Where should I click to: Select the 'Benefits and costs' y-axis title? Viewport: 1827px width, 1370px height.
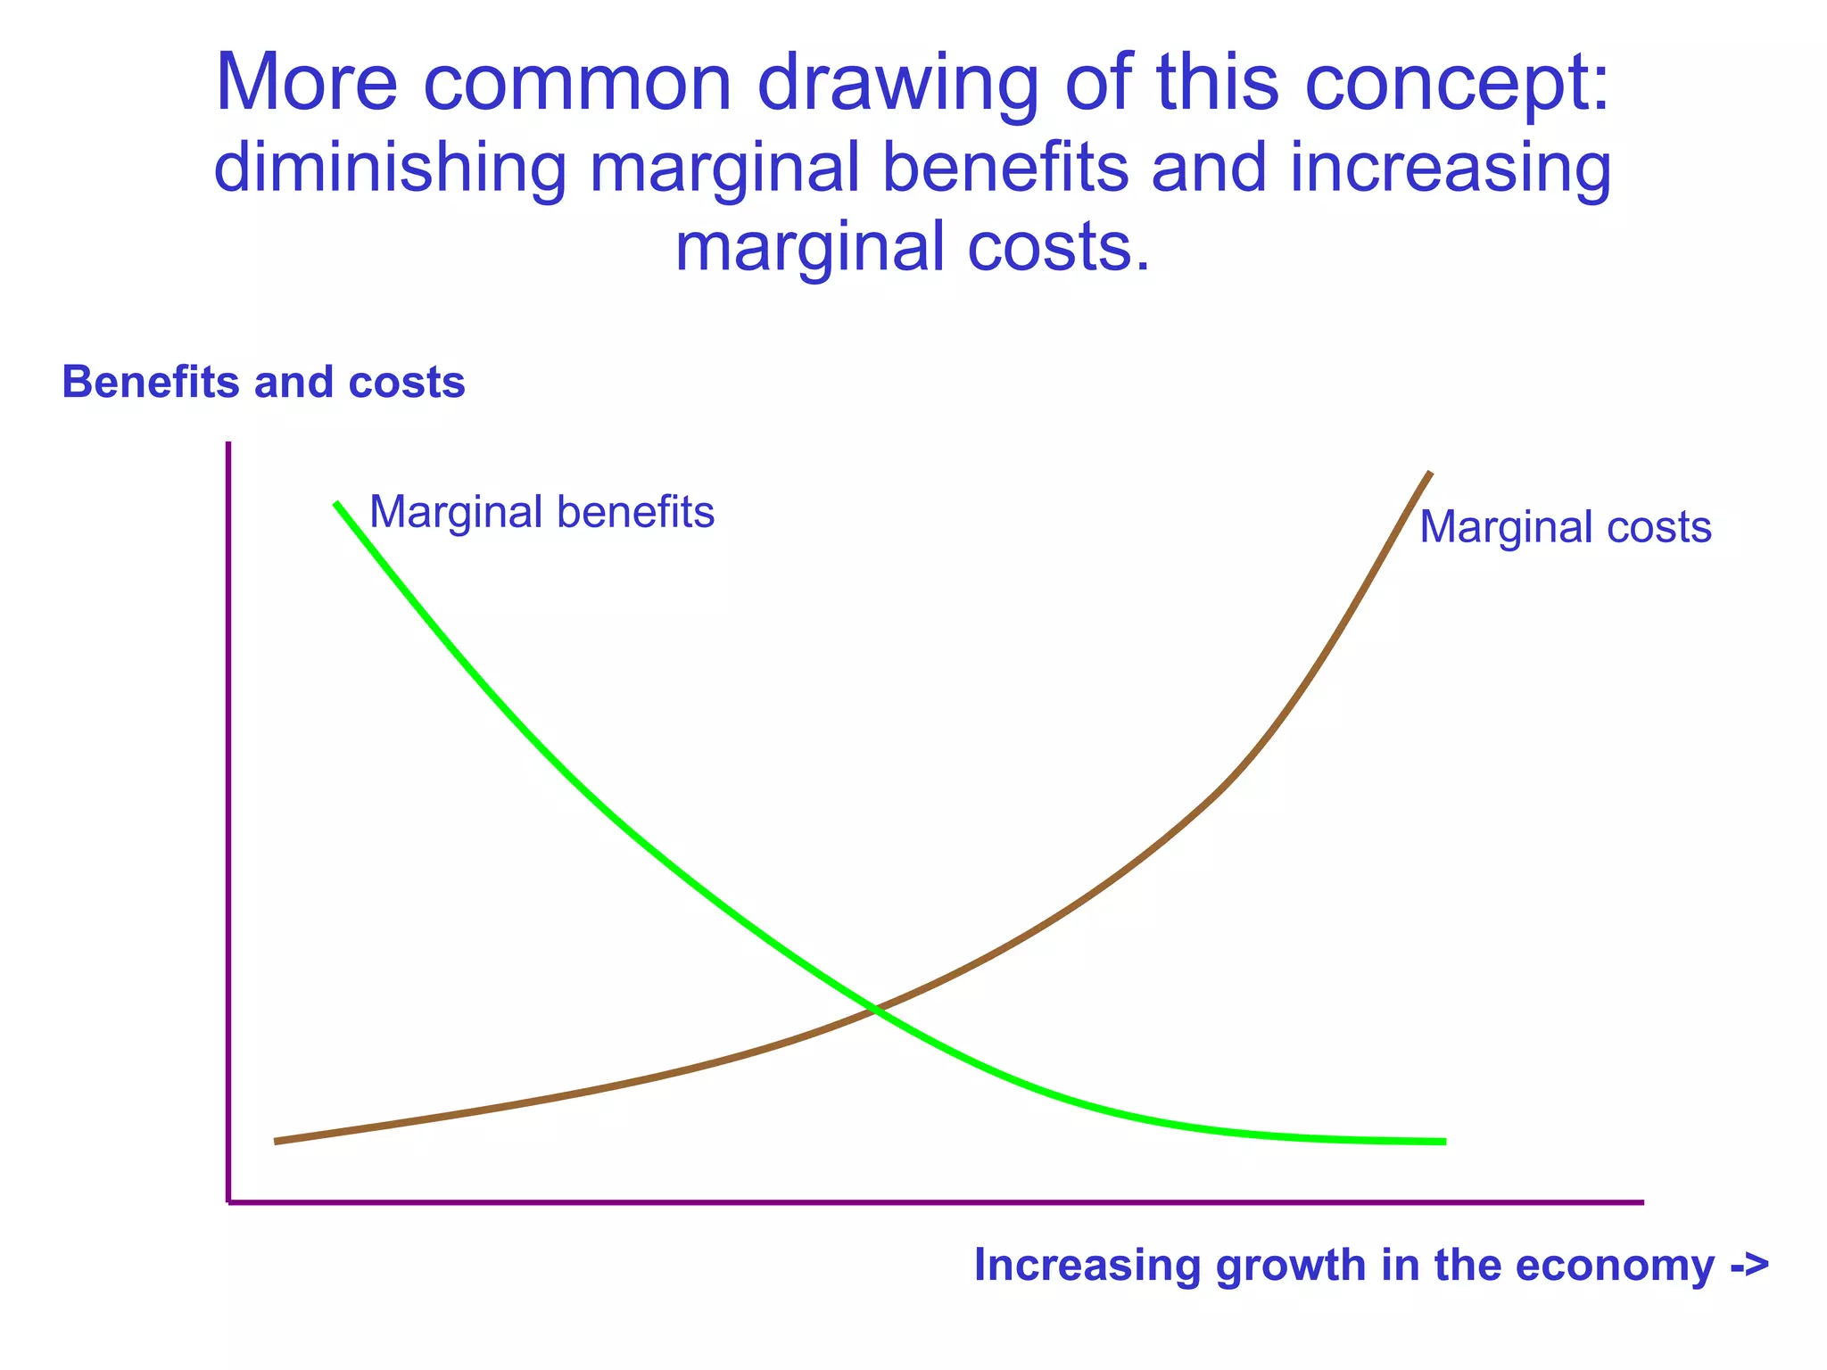point(263,383)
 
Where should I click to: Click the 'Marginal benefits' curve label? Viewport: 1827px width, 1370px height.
point(541,513)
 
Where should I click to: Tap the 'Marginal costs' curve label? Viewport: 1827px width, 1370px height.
point(1565,527)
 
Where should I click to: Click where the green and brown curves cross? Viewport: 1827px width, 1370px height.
point(875,1010)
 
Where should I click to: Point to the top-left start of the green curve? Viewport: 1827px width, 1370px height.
point(336,504)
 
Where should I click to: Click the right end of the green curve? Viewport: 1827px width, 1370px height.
point(1443,1142)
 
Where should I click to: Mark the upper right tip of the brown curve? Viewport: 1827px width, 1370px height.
point(1430,474)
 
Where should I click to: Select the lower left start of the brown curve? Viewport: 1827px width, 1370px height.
point(277,1141)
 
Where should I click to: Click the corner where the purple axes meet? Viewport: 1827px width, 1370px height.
point(229,1202)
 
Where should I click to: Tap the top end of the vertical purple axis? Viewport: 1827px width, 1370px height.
point(228,444)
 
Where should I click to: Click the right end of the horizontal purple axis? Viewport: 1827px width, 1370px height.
point(1641,1202)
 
